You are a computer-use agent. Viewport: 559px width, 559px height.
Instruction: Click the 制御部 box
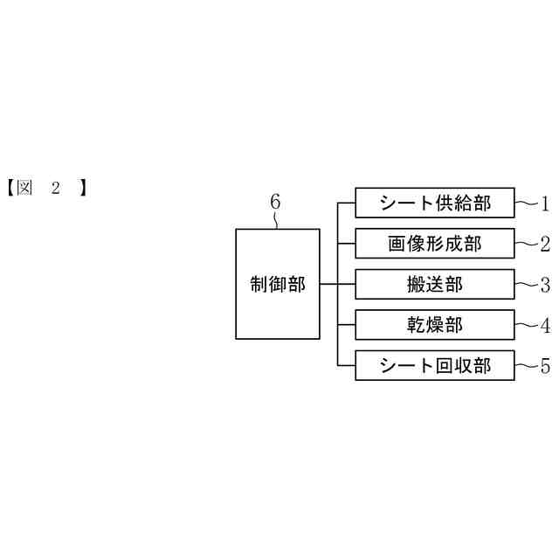tap(278, 284)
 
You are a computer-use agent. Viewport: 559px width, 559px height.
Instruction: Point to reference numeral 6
tap(275, 202)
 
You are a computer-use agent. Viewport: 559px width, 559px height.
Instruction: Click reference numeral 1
tap(544, 205)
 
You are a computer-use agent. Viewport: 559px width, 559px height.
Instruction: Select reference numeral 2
tap(544, 245)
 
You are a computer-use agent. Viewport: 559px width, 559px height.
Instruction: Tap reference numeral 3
tap(544, 285)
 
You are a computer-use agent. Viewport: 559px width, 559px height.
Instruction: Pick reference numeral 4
tap(544, 326)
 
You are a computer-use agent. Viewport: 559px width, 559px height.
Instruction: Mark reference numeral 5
tap(544, 366)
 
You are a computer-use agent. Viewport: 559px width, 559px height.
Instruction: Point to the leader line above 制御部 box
tap(277, 220)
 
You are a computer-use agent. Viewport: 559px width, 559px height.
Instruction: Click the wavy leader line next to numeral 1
tap(526, 204)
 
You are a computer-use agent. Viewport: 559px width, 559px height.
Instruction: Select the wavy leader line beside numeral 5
tap(526, 365)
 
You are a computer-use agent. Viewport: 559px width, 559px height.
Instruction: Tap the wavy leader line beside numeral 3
tap(526, 284)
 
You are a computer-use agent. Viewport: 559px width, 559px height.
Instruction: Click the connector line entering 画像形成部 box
tap(346, 244)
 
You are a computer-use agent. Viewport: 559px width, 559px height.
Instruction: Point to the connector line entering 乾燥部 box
tap(346, 325)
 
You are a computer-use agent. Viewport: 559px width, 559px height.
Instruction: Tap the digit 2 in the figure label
tap(57, 188)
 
